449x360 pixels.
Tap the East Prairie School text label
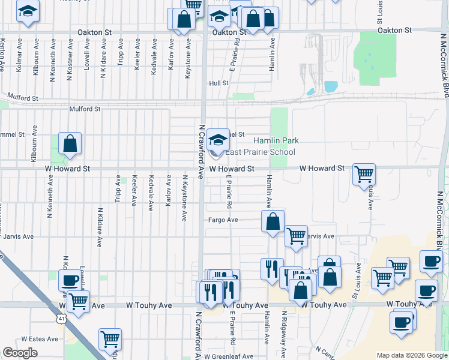(x=260, y=152)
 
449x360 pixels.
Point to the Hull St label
(x=218, y=83)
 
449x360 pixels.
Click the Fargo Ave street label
(x=223, y=220)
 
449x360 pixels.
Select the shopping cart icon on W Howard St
(x=364, y=175)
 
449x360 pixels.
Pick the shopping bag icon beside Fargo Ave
(x=273, y=221)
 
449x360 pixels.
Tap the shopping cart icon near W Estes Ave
(x=110, y=340)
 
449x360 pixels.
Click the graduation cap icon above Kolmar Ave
(x=27, y=12)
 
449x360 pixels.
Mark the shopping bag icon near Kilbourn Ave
(x=70, y=144)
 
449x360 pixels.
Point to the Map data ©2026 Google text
(x=411, y=355)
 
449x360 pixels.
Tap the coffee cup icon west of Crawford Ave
(x=69, y=280)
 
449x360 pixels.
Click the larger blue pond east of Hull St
(x=331, y=86)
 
